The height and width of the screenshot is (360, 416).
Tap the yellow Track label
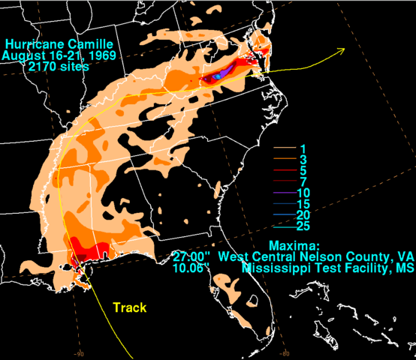(x=130, y=307)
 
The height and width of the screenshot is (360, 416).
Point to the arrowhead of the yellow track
(x=342, y=50)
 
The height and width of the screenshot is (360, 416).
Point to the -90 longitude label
(x=78, y=354)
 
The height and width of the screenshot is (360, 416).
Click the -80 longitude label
(x=285, y=354)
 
